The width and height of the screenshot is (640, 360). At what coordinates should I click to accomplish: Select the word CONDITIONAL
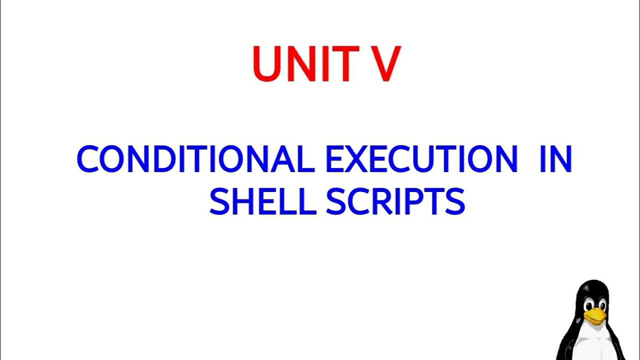pyautogui.click(x=195, y=159)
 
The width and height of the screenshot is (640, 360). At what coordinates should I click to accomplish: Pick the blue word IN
pyautogui.click(x=555, y=159)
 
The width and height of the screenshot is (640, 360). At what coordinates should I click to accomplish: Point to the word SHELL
pyautogui.click(x=262, y=202)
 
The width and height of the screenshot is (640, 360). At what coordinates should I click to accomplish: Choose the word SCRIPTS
pyautogui.click(x=395, y=202)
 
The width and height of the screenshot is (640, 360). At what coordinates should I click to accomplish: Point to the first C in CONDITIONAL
pyautogui.click(x=89, y=159)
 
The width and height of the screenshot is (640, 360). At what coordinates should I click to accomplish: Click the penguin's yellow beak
pyautogui.click(x=595, y=315)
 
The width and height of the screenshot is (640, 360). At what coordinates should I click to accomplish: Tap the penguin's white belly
pyautogui.click(x=592, y=345)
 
